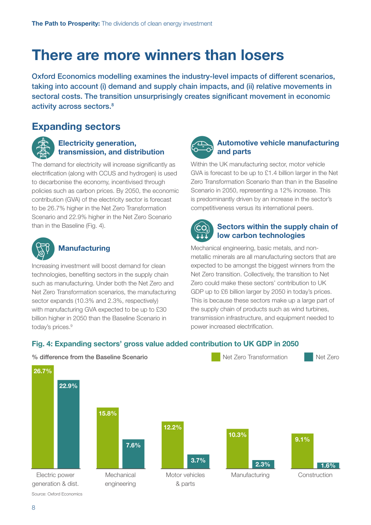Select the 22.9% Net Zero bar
69,424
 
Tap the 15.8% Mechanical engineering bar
108,438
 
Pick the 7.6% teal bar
133,454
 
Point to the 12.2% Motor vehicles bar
173,445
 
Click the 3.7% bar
198,461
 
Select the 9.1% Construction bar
302,451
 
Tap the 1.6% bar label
328,465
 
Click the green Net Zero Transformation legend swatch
216,357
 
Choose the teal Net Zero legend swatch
308,357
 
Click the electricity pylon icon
43,148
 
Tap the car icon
202,147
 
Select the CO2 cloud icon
202,231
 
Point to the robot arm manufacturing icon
43,249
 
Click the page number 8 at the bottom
33,508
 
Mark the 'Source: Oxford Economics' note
57,494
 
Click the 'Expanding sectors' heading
76,127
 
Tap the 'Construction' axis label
315,475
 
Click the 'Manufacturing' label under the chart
250,475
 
